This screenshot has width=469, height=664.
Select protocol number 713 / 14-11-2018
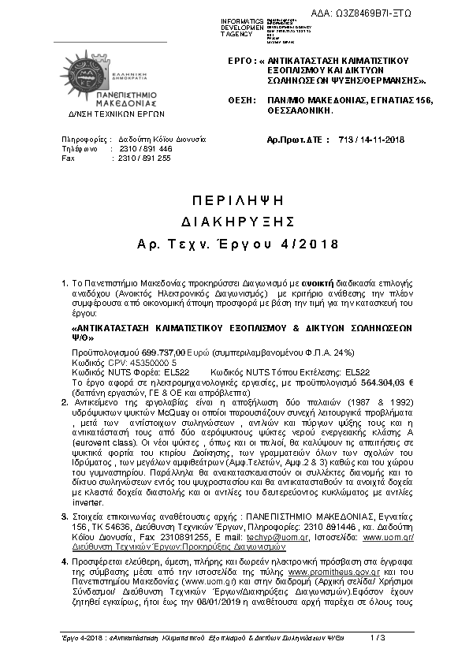[x=370, y=140]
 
